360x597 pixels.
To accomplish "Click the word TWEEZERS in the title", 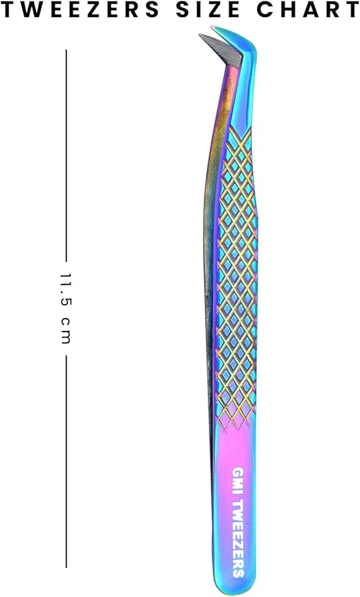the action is tap(79, 10).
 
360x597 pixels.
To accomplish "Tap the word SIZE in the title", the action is tap(208, 10).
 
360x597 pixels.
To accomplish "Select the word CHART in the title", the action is tap(308, 10).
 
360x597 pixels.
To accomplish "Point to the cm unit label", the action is tap(66, 330).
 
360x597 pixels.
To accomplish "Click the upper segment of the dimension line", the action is tap(66, 156).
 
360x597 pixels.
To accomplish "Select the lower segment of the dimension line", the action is tap(66, 461).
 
